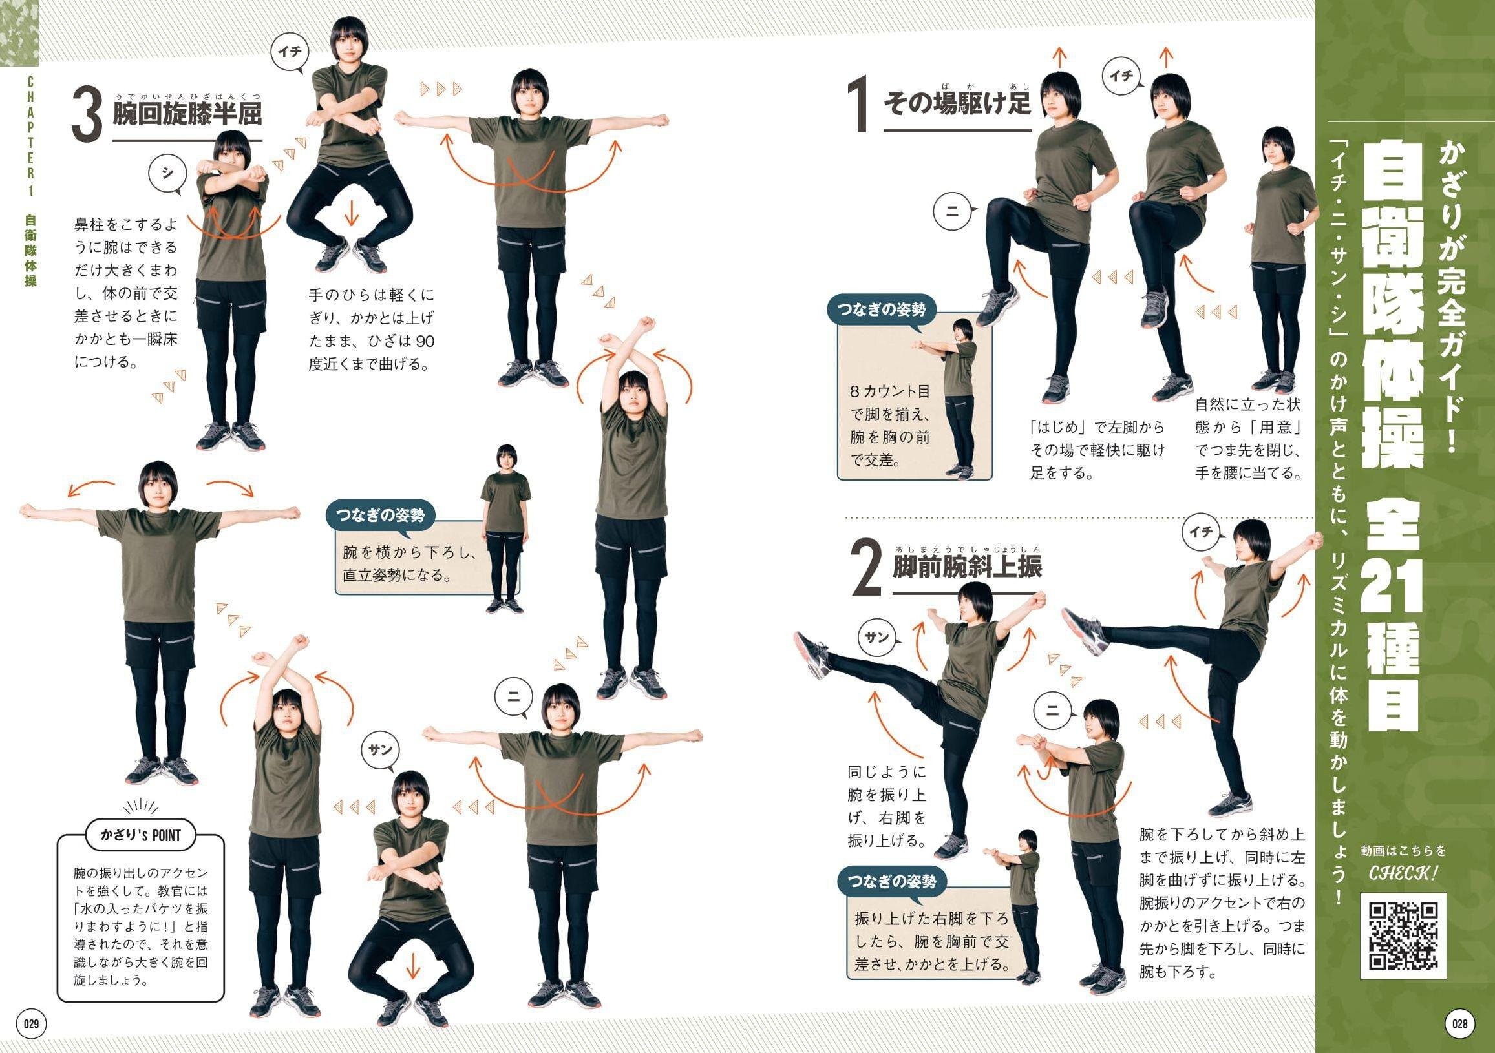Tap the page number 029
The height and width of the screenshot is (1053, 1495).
pos(31,1024)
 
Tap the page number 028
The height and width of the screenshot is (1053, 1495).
pos(1460,1024)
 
